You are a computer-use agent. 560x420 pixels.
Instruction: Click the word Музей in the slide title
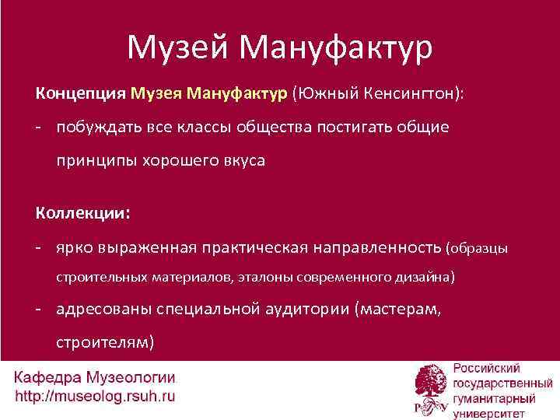[x=178, y=48]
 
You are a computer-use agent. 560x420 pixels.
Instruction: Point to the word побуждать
[x=103, y=127]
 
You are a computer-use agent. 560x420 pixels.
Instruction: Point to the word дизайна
[x=426, y=277]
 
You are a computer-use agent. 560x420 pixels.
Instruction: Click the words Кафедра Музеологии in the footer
[x=94, y=379]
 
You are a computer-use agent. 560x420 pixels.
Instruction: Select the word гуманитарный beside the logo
[x=495, y=397]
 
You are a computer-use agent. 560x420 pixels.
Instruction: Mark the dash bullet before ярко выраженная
[x=37, y=248]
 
